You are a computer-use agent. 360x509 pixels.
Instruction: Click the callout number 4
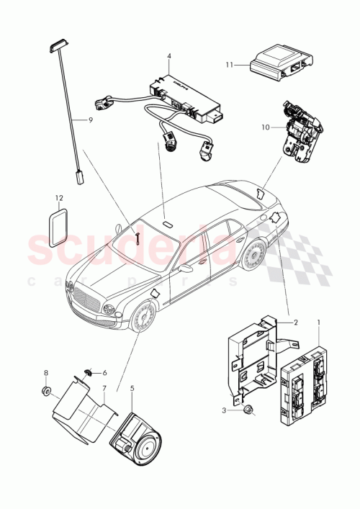point(168,56)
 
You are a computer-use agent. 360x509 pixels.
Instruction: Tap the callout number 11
point(230,65)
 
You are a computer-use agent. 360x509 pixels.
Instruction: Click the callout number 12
point(60,196)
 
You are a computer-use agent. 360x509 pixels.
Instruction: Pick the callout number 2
point(294,323)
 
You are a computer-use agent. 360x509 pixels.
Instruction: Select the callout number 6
point(104,373)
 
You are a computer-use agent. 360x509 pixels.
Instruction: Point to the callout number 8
point(45,373)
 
